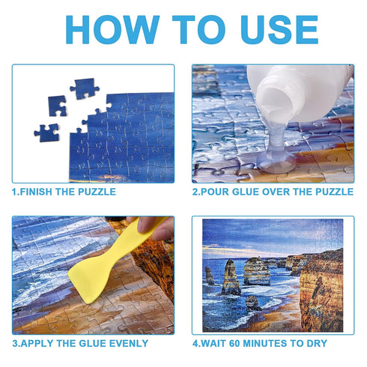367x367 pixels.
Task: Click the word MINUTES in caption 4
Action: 276,344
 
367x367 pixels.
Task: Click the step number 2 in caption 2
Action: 195,192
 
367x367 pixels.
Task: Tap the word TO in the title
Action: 189,30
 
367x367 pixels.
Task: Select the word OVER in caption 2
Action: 281,192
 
